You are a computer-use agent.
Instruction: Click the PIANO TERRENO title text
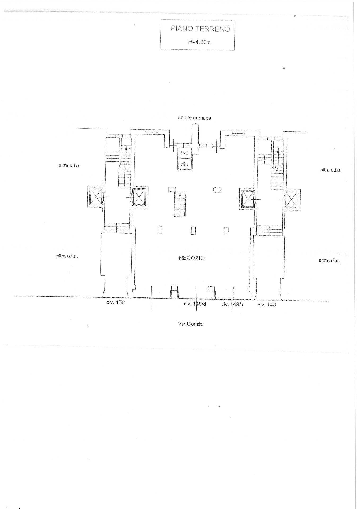click(200, 29)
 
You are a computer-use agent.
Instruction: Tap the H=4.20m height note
click(200, 42)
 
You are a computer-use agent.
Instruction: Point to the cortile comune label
click(194, 118)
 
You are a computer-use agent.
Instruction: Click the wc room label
click(184, 153)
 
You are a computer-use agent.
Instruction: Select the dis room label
click(184, 164)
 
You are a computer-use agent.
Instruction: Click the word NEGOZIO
click(192, 258)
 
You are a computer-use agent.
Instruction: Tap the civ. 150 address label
click(115, 302)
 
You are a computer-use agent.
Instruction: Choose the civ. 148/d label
click(195, 304)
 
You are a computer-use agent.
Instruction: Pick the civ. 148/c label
click(232, 304)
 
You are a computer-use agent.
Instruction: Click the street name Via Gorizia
click(190, 324)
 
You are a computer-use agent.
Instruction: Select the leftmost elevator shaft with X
click(95, 196)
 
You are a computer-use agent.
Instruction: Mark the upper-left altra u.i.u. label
click(70, 165)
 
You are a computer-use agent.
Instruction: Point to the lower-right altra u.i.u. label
click(329, 261)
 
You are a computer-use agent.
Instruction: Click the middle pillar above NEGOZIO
click(193, 231)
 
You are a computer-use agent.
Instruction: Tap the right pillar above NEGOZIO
click(226, 231)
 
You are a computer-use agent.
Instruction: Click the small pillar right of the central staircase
click(217, 190)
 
